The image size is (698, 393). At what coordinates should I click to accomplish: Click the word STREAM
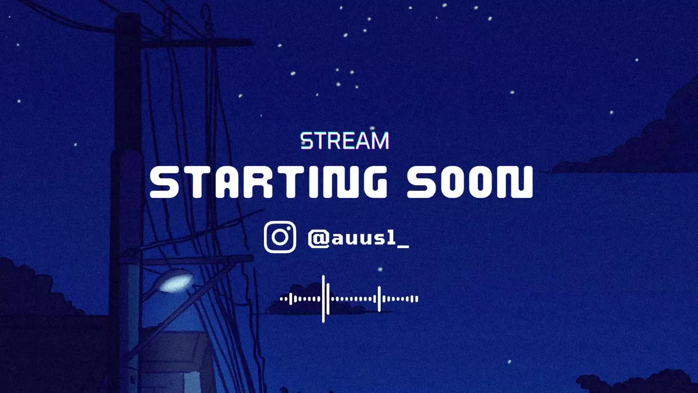point(345,141)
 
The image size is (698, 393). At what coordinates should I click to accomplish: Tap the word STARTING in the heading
point(269,182)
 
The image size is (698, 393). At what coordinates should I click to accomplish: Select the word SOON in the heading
point(470,182)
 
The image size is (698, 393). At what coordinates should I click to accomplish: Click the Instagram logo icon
point(280,237)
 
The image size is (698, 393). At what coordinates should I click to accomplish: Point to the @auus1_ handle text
point(358,239)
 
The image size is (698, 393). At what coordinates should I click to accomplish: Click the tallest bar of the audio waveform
point(323,299)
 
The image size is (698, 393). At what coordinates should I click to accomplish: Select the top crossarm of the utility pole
point(196,43)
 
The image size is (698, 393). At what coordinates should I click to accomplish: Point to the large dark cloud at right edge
point(639,134)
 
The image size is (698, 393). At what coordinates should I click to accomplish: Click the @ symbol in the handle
point(318,239)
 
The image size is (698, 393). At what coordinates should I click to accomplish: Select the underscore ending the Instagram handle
point(403,247)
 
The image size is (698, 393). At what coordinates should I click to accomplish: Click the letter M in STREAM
point(381,141)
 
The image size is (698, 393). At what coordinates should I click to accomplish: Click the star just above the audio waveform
point(380,269)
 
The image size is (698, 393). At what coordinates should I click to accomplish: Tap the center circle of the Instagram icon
point(280,237)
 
